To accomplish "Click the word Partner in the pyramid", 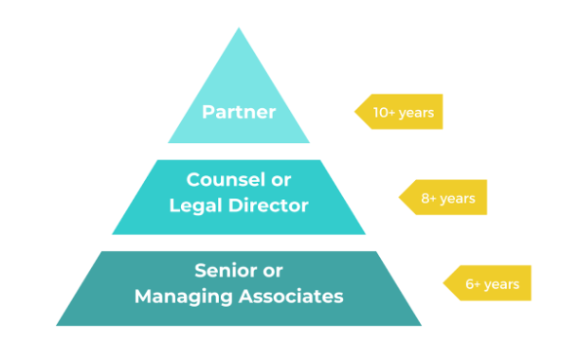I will tap(238, 113).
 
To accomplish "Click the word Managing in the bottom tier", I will tap(177, 296).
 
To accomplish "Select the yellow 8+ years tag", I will tap(443, 198).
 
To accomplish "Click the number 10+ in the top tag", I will tap(385, 113).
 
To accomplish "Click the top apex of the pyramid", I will tap(238, 29).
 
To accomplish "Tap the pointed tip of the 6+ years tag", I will tap(443, 283).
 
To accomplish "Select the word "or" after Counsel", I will tap(280, 179).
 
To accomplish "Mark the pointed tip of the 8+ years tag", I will tap(398, 198).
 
